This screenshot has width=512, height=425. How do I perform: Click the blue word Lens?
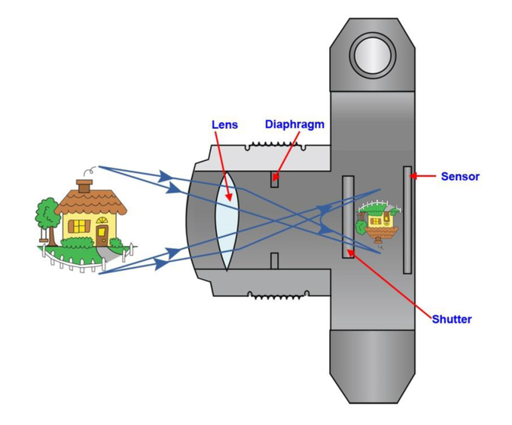coord(224,125)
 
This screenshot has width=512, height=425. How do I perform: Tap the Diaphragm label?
coord(294,124)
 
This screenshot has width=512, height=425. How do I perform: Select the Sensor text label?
coord(460,177)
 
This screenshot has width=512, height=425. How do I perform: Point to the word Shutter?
coord(452,319)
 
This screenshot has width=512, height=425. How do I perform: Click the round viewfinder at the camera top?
coord(373,54)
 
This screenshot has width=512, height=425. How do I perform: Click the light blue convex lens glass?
coord(227,222)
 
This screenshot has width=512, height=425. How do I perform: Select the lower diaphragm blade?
coord(274,260)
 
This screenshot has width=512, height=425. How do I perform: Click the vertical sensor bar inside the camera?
coord(407,220)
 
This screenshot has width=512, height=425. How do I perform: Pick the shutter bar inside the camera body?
coord(348,217)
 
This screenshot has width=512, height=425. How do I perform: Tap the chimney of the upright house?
coord(84,187)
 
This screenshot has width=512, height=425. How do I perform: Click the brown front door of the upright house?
coord(102,235)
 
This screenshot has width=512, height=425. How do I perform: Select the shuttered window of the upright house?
coord(79,226)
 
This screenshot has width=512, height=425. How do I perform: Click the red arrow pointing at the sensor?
coord(423,176)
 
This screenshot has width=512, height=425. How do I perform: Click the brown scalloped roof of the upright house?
coord(91,202)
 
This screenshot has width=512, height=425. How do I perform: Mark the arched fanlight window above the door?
coord(102,220)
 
